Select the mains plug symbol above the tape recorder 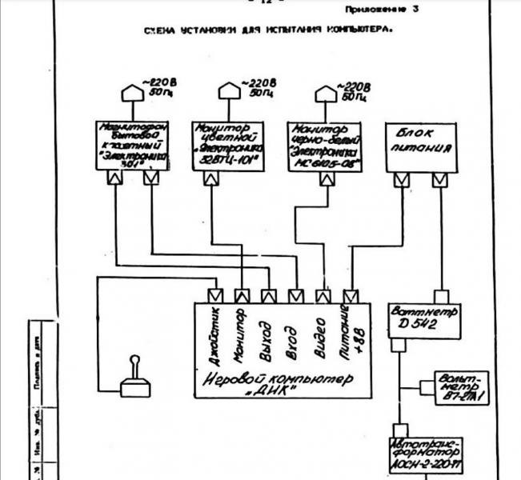tap(129, 94)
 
